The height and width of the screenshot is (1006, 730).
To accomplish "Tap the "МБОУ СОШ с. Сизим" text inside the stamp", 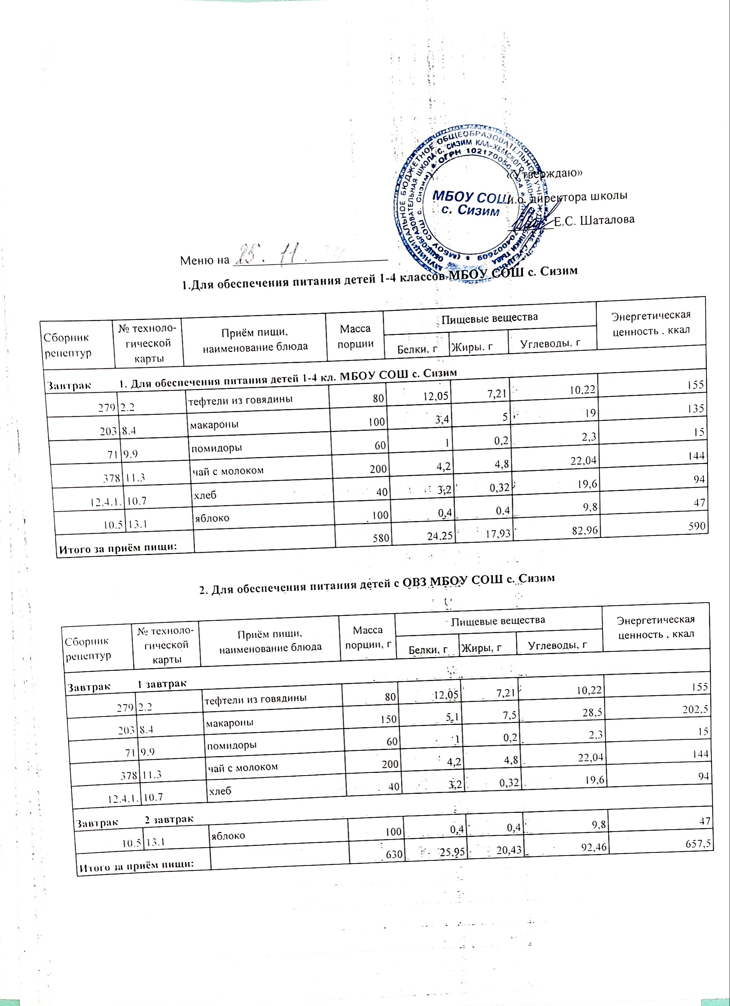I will click(x=468, y=203).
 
